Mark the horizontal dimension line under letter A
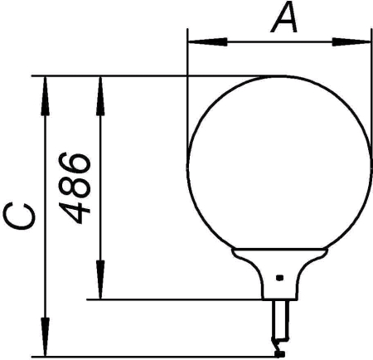[x=274, y=39]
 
